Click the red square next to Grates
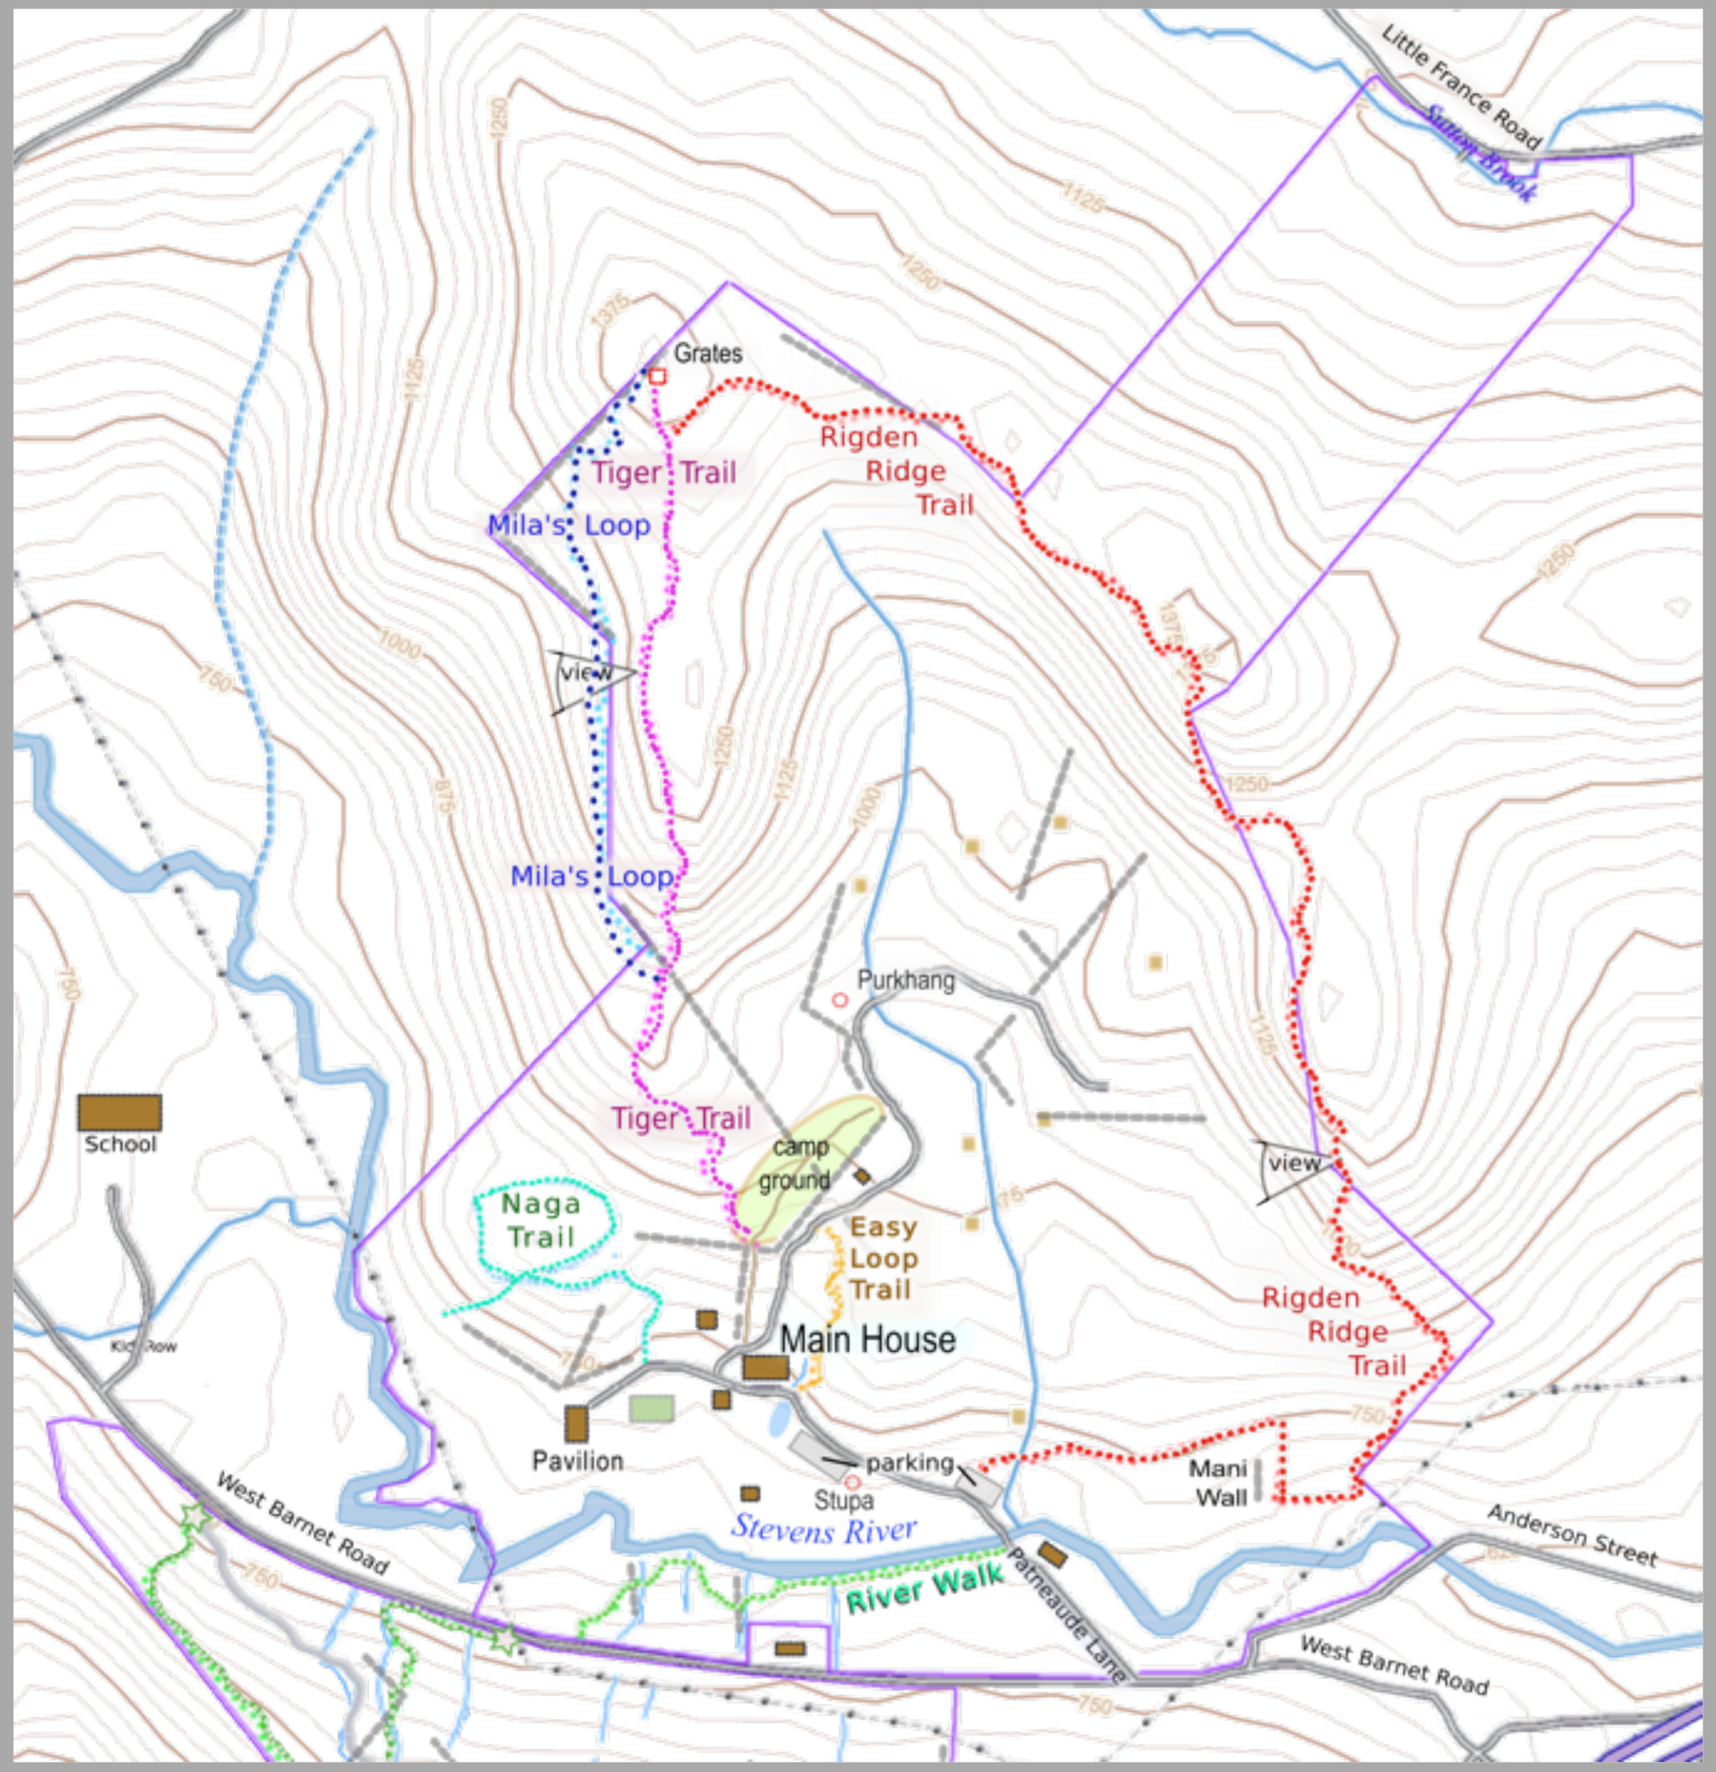tap(657, 376)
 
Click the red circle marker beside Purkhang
tap(839, 1000)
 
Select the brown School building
tap(119, 1112)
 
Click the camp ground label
tap(795, 1163)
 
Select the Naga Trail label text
tap(541, 1221)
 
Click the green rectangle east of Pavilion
tap(651, 1408)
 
